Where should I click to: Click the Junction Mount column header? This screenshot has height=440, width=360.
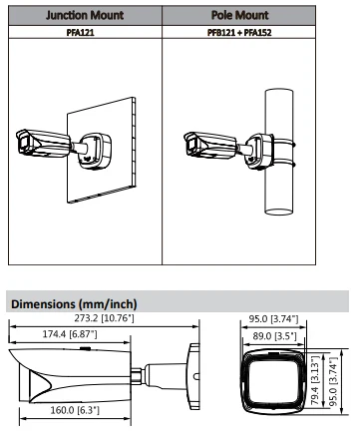coord(85,15)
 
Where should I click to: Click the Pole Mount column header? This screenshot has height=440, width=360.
coord(239,15)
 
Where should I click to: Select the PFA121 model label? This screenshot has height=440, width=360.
coord(81,33)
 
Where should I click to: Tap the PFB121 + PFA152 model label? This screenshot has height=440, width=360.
coord(239,33)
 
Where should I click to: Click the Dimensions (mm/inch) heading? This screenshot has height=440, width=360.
coord(74,304)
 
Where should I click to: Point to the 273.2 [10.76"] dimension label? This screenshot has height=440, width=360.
coord(104,318)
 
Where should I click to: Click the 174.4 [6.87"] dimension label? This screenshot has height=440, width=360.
coord(70,334)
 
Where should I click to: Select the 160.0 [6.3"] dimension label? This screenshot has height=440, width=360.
coord(75,410)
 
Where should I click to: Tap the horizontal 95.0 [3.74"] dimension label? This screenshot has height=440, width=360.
coord(273,319)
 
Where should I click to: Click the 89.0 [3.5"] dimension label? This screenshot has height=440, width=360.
coord(274,336)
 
